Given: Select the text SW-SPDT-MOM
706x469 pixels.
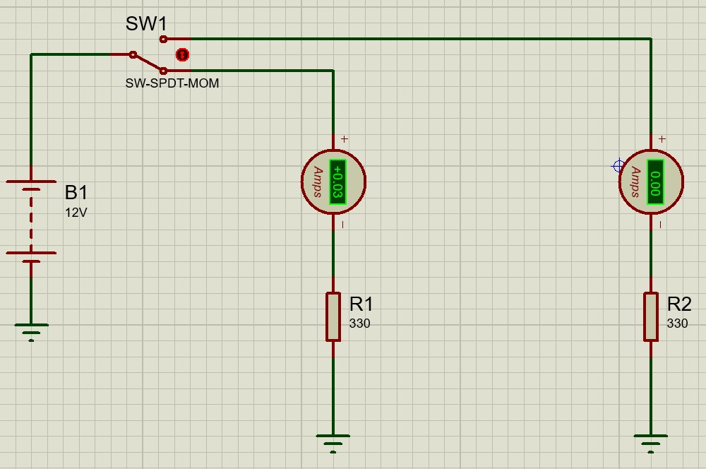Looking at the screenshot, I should pos(172,83).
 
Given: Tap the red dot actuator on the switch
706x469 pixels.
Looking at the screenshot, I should pos(182,54).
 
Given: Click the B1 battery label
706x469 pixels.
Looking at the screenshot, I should pos(76,192).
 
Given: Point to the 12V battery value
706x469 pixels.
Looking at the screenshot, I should pos(76,213).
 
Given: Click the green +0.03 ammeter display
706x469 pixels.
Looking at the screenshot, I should pos(337,182).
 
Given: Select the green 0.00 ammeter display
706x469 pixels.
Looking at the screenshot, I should pos(655,182).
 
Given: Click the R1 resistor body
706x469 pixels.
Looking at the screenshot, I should pos(333,317).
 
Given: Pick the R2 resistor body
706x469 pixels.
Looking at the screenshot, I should pos(651,317).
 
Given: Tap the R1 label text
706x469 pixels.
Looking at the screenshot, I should pos(361,304).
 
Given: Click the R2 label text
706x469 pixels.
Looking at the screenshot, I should pos(679,304).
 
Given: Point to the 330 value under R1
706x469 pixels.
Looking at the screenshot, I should pos(359,324).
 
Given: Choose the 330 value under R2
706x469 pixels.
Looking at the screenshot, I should pos(677,324).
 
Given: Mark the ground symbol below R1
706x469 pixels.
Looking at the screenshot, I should pos(333,441).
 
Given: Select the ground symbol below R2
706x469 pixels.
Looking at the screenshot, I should pos(651,441).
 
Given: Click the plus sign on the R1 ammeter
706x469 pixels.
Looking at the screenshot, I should pos(345,139).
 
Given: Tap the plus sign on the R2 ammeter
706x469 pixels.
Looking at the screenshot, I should pos(662,139).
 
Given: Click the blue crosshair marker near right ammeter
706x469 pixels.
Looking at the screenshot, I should pos(618,166).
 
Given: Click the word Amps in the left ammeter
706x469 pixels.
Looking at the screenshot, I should pos(317,182).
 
